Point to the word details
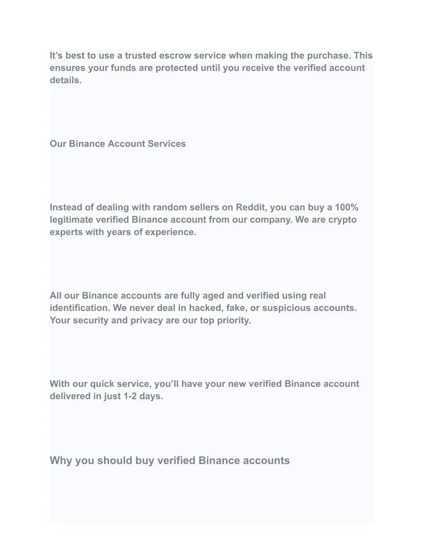66,80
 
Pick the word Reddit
251,207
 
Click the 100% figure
347,207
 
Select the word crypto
342,220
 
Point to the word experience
171,232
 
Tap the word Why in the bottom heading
61,461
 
